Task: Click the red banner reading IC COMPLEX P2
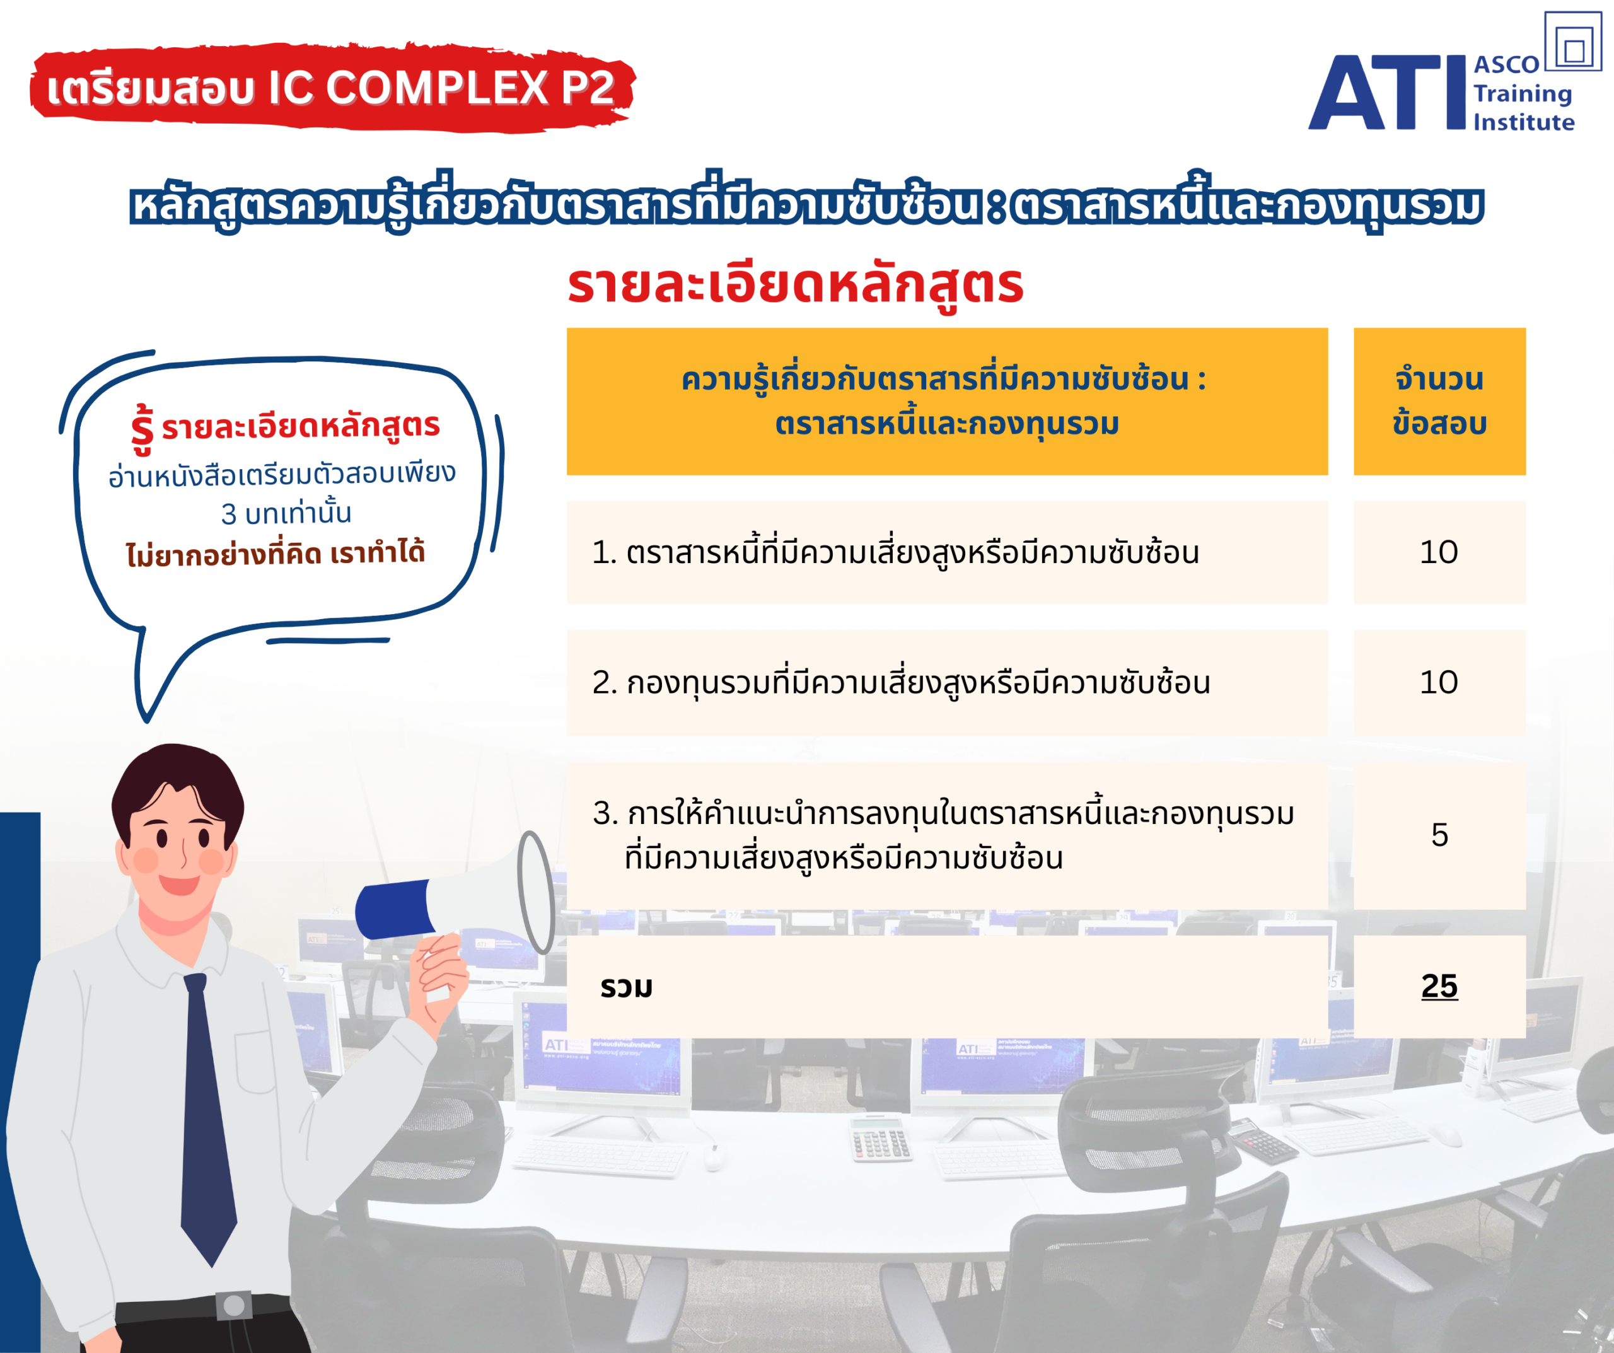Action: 332,87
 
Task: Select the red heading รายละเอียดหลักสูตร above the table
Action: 796,284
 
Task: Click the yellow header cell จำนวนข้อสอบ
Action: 1439,401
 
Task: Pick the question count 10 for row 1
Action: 1439,552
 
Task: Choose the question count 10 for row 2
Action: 1439,682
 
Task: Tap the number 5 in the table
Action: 1439,835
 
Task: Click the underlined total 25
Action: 1439,986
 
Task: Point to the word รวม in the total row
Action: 627,987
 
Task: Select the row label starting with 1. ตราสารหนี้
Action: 895,551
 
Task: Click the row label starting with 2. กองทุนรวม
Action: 901,682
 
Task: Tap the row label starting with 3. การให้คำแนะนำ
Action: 944,835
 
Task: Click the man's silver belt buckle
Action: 234,1305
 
